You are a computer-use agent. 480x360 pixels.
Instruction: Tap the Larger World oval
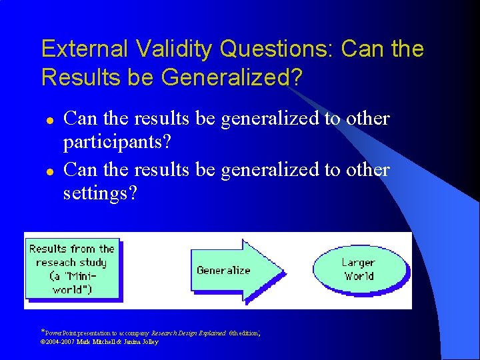pyautogui.click(x=359, y=269)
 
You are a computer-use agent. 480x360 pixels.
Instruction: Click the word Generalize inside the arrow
pyautogui.click(x=223, y=270)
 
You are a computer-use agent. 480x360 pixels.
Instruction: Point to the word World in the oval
pyautogui.click(x=359, y=276)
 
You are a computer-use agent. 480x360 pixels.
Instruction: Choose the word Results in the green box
pyautogui.click(x=48, y=249)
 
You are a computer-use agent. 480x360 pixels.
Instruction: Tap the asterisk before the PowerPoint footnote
pyautogui.click(x=43, y=331)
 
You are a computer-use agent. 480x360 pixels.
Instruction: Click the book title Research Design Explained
pyautogui.click(x=189, y=332)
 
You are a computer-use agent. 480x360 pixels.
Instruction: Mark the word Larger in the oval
pyautogui.click(x=359, y=262)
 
